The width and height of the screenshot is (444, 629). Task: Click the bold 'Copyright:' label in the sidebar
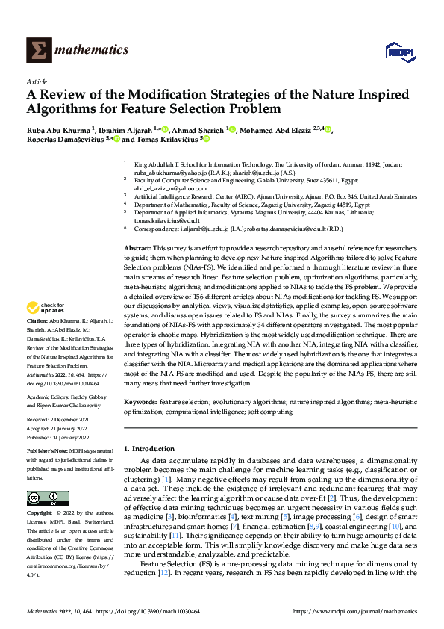coord(40,513)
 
